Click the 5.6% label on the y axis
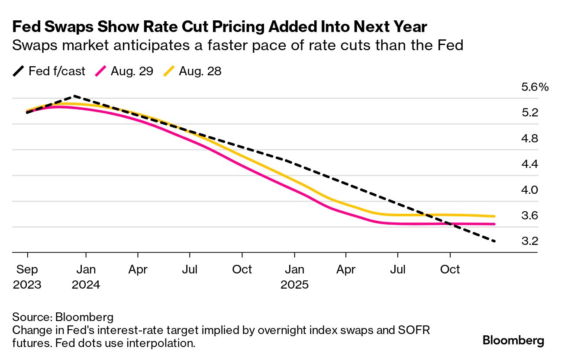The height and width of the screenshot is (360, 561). click(x=535, y=87)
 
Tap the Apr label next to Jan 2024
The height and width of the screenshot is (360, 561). click(x=138, y=270)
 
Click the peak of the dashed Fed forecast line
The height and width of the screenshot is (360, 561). click(x=74, y=96)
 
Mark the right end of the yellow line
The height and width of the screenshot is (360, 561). click(x=494, y=216)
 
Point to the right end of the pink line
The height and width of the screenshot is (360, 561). click(x=494, y=224)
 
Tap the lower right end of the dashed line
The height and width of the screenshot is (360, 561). click(x=494, y=241)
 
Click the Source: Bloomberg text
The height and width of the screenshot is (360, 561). click(x=63, y=317)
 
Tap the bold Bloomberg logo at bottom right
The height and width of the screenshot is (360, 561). click(x=513, y=341)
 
